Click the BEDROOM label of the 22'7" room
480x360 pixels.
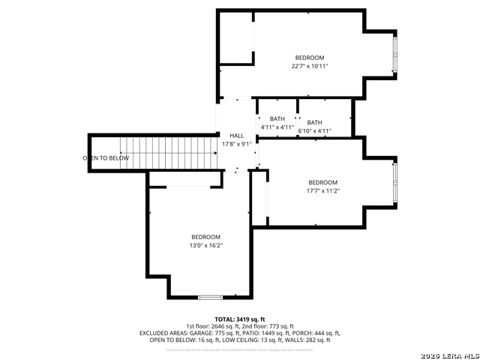pos(309,58)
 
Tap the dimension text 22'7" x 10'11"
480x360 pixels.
pos(309,66)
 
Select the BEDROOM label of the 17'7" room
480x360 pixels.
pos(322,182)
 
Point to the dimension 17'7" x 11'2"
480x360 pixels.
pos(322,190)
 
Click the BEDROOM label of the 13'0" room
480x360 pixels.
pos(205,236)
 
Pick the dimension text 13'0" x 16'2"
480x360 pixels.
pos(205,244)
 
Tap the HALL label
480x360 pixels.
pos(236,136)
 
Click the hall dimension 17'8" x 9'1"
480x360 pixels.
pos(236,144)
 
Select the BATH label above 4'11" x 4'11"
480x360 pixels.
pos(277,118)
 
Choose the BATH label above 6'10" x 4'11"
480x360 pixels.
pos(314,122)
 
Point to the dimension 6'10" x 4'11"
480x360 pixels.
pos(314,131)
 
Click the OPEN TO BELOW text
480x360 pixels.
pos(106,158)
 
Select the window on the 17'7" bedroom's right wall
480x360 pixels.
pos(395,183)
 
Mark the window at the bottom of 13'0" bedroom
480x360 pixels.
pos(211,298)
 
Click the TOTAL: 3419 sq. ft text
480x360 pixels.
pos(240,319)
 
